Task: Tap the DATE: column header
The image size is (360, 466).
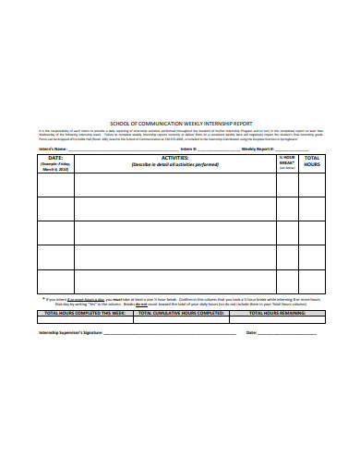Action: [54, 158]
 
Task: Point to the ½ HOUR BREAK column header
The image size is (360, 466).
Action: [286, 161]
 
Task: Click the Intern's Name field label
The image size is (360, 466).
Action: [54, 148]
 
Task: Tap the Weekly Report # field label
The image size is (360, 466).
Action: [258, 148]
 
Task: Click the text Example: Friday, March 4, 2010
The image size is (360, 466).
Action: [54, 166]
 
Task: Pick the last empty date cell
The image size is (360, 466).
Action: [54, 281]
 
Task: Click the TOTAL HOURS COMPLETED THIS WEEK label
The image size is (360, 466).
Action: [84, 313]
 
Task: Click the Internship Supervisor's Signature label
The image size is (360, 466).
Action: [72, 332]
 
